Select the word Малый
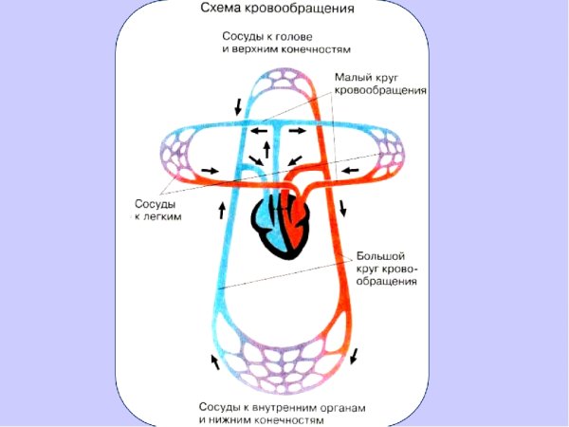355,77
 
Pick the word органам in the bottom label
340,406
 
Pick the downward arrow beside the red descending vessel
343,207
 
